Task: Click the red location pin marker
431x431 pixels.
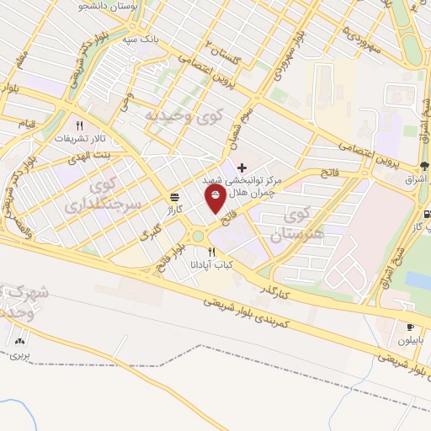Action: pos(215,199)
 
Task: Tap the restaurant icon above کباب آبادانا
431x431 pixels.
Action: pos(211,252)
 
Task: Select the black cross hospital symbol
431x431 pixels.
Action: pos(243,168)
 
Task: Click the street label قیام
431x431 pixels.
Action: pos(26,125)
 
